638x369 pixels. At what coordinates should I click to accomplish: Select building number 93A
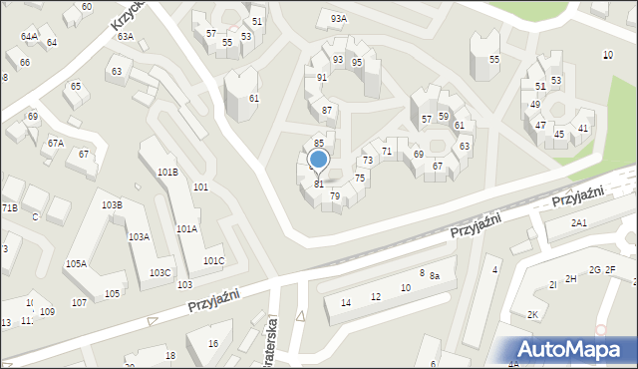tap(339, 19)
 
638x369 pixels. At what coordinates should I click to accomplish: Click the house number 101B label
tap(167, 173)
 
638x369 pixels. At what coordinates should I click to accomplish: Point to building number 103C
tap(159, 273)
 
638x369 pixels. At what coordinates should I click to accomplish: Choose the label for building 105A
tap(76, 264)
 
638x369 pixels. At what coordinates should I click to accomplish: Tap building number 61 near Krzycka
tap(254, 98)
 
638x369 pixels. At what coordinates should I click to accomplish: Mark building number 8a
tap(435, 274)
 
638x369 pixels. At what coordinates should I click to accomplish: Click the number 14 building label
tap(346, 303)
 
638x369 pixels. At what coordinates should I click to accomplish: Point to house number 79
tap(335, 196)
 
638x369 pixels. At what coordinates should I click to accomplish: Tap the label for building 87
tap(326, 110)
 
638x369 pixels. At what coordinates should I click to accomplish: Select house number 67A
tap(56, 144)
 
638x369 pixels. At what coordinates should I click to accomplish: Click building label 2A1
tap(579, 223)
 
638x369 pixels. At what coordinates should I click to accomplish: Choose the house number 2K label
tap(532, 315)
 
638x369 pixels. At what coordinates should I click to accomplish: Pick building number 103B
tap(112, 205)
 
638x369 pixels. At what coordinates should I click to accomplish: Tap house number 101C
tap(213, 261)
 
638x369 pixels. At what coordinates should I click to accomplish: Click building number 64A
tap(29, 37)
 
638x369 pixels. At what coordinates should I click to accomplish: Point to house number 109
tap(47, 312)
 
